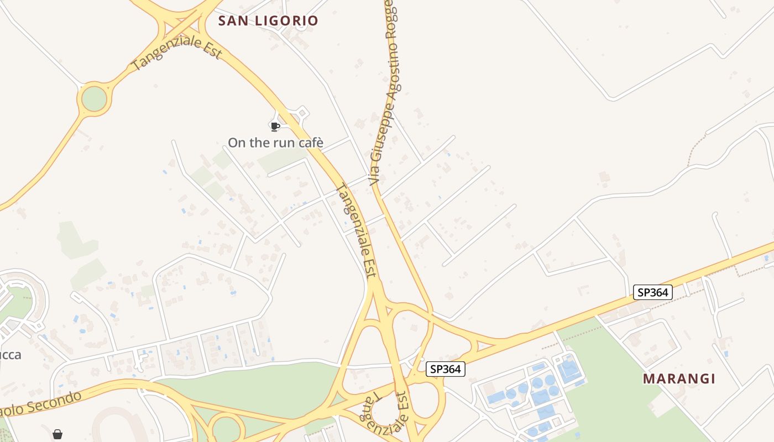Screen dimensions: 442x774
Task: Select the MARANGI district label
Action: pyautogui.click(x=679, y=379)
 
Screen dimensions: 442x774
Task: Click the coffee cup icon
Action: pyautogui.click(x=275, y=127)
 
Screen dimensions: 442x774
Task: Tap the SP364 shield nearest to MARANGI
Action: pyautogui.click(x=653, y=292)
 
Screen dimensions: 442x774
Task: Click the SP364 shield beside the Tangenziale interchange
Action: pyautogui.click(x=446, y=369)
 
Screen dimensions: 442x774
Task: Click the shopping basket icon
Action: pyautogui.click(x=57, y=434)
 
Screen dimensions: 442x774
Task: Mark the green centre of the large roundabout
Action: pyautogui.click(x=94, y=99)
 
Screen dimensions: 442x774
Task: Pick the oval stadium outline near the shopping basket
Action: pyautogui.click(x=119, y=425)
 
